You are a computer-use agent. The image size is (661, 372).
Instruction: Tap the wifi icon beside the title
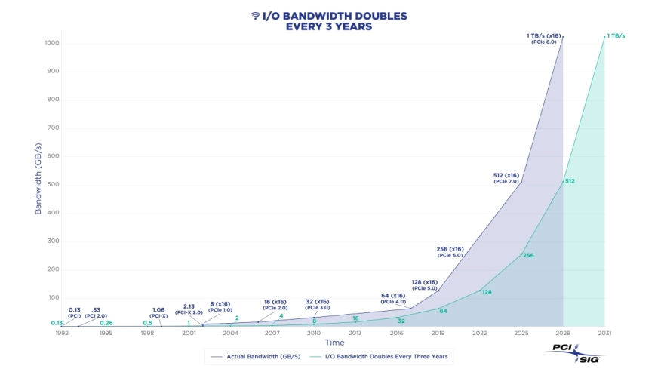[x=255, y=15]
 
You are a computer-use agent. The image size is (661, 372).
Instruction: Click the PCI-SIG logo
[x=574, y=352]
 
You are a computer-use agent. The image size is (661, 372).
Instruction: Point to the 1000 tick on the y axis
[x=52, y=43]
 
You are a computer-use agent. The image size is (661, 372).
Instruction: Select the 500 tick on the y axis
[x=53, y=184]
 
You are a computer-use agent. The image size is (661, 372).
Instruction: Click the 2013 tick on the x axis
[x=355, y=333]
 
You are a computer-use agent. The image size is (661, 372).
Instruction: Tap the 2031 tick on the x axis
[x=604, y=333]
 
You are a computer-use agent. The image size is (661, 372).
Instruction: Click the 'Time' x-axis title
[x=334, y=343]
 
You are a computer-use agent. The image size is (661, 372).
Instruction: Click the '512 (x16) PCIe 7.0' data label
[x=506, y=178]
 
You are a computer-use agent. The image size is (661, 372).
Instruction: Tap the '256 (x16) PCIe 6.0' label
[x=450, y=251]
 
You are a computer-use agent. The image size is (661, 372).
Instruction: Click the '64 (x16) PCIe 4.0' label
[x=392, y=298]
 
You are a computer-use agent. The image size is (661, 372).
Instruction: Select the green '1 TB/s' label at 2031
[x=615, y=35]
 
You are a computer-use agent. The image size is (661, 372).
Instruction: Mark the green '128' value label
[x=486, y=292]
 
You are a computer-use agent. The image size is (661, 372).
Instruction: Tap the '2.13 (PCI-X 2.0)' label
[x=189, y=309]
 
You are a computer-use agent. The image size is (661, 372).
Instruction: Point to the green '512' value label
[x=570, y=181]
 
